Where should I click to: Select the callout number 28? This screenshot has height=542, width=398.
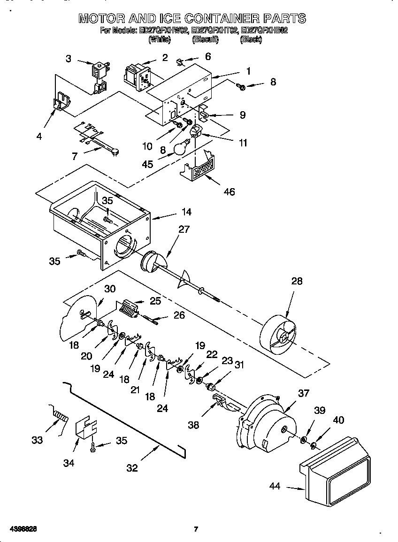pyautogui.click(x=297, y=281)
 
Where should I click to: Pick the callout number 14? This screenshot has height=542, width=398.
pyautogui.click(x=186, y=212)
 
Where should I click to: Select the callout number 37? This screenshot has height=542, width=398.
pyautogui.click(x=304, y=393)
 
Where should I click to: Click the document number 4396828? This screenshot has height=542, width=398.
pyautogui.click(x=22, y=529)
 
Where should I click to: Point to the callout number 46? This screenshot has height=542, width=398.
pyautogui.click(x=230, y=191)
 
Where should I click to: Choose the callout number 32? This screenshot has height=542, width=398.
pyautogui.click(x=132, y=468)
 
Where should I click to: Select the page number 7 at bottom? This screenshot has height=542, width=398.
pyautogui.click(x=196, y=529)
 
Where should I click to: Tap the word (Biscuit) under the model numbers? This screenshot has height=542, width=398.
pyautogui.click(x=205, y=40)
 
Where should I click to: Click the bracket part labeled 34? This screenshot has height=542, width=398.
pyautogui.click(x=87, y=427)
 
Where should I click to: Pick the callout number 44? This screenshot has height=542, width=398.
pyautogui.click(x=275, y=486)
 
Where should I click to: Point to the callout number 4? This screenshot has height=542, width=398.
pyautogui.click(x=39, y=137)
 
